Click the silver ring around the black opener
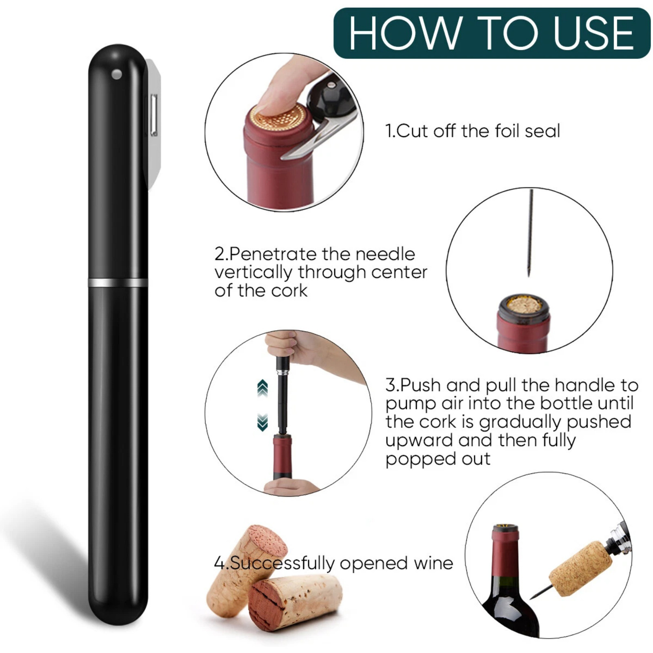pyautogui.click(x=118, y=282)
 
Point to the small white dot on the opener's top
pyautogui.click(x=117, y=75)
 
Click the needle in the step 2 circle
pyautogui.click(x=531, y=233)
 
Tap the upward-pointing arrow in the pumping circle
pyautogui.click(x=262, y=388)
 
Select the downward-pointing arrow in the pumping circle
pyautogui.click(x=262, y=422)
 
